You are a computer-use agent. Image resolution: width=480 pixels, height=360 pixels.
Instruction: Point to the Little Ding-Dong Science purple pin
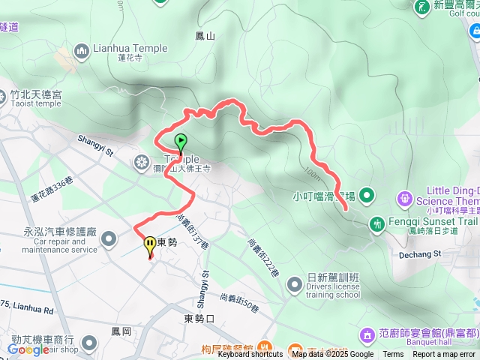(405, 198)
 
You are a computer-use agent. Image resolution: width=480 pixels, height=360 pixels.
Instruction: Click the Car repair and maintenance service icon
(109, 239)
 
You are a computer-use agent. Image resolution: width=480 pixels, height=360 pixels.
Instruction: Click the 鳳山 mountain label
(205, 35)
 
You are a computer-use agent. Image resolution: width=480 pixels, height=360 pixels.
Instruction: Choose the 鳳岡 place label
(121, 331)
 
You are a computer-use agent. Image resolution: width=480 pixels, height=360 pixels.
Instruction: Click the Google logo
(29, 349)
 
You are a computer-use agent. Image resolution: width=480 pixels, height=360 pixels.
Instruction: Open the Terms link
(393, 355)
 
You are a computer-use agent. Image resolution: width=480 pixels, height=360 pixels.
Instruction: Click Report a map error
(444, 355)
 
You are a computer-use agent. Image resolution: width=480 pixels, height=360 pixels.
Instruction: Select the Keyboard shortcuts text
(250, 355)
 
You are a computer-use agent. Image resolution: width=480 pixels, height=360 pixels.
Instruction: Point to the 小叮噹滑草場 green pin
(366, 196)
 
